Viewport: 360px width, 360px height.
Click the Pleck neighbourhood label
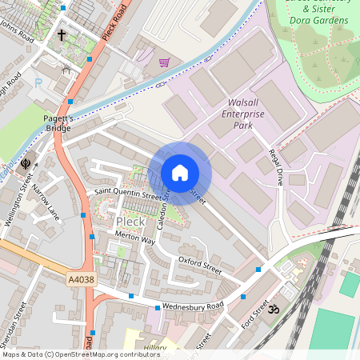pos(130,221)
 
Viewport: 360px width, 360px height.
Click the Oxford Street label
pos(200,264)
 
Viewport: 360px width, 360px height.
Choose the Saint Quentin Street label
pos(128,194)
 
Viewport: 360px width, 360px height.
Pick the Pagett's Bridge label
pos(58,123)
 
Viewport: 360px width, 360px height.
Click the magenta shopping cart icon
pos(164,62)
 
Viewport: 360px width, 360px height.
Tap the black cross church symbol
pos(62,35)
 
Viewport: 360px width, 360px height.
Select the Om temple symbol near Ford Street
pos(272,308)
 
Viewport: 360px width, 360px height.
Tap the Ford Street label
pos(254,315)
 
